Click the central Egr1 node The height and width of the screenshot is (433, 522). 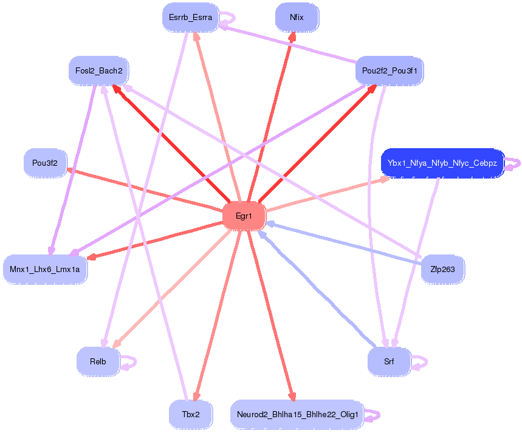(x=244, y=216)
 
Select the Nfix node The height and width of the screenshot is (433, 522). (x=297, y=18)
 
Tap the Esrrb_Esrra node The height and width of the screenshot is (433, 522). (x=190, y=18)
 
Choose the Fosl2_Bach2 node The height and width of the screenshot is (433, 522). (x=99, y=71)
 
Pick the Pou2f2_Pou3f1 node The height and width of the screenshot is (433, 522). (x=389, y=71)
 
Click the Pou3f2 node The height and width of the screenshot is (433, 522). (x=45, y=163)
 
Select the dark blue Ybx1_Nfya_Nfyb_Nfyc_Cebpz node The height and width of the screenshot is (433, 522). (x=442, y=163)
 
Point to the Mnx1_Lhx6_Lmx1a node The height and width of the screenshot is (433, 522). (x=45, y=268)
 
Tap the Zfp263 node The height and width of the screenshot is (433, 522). (x=442, y=268)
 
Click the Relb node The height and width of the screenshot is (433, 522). (x=98, y=361)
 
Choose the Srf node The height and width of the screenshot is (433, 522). (x=389, y=361)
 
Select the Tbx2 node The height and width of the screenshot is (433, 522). (x=190, y=415)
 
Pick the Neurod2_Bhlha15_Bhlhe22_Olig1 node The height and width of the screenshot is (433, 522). (x=297, y=415)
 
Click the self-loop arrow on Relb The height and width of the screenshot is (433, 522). (x=129, y=363)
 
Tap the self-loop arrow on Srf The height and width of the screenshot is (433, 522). (x=420, y=363)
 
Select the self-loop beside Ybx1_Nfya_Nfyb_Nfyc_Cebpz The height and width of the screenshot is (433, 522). (x=514, y=163)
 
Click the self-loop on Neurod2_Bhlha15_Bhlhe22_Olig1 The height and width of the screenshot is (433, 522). (x=373, y=416)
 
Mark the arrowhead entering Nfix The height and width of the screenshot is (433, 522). (x=293, y=38)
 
